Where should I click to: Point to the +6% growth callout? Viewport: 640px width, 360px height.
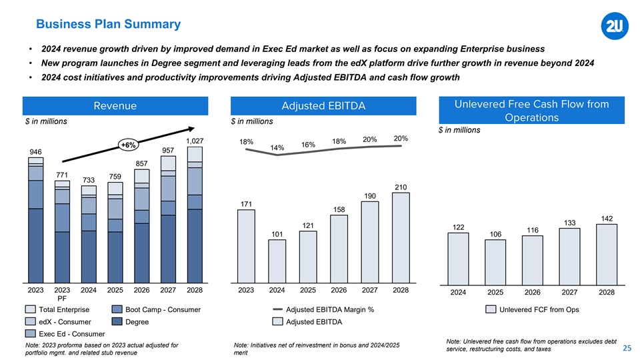(129, 145)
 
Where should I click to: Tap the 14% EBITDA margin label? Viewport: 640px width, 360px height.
(277, 147)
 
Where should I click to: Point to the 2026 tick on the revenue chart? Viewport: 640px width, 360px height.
(141, 291)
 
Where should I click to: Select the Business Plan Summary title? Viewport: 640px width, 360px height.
(108, 25)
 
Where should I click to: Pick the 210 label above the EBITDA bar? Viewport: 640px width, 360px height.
(401, 187)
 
